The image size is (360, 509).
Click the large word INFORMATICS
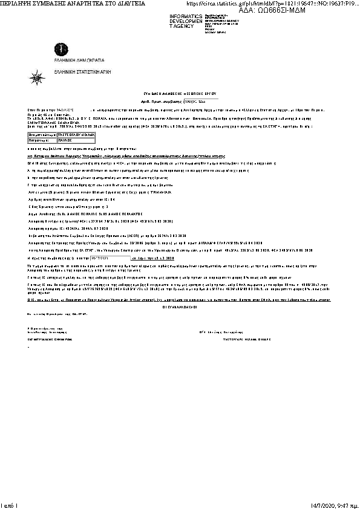(186, 16)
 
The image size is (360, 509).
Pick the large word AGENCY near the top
(183, 26)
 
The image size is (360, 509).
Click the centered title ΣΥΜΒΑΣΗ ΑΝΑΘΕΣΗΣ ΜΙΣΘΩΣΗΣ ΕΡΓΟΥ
(180, 95)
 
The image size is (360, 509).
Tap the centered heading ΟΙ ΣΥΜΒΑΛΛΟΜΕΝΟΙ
(180, 307)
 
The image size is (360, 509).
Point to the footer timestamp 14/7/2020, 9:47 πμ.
(334, 504)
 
